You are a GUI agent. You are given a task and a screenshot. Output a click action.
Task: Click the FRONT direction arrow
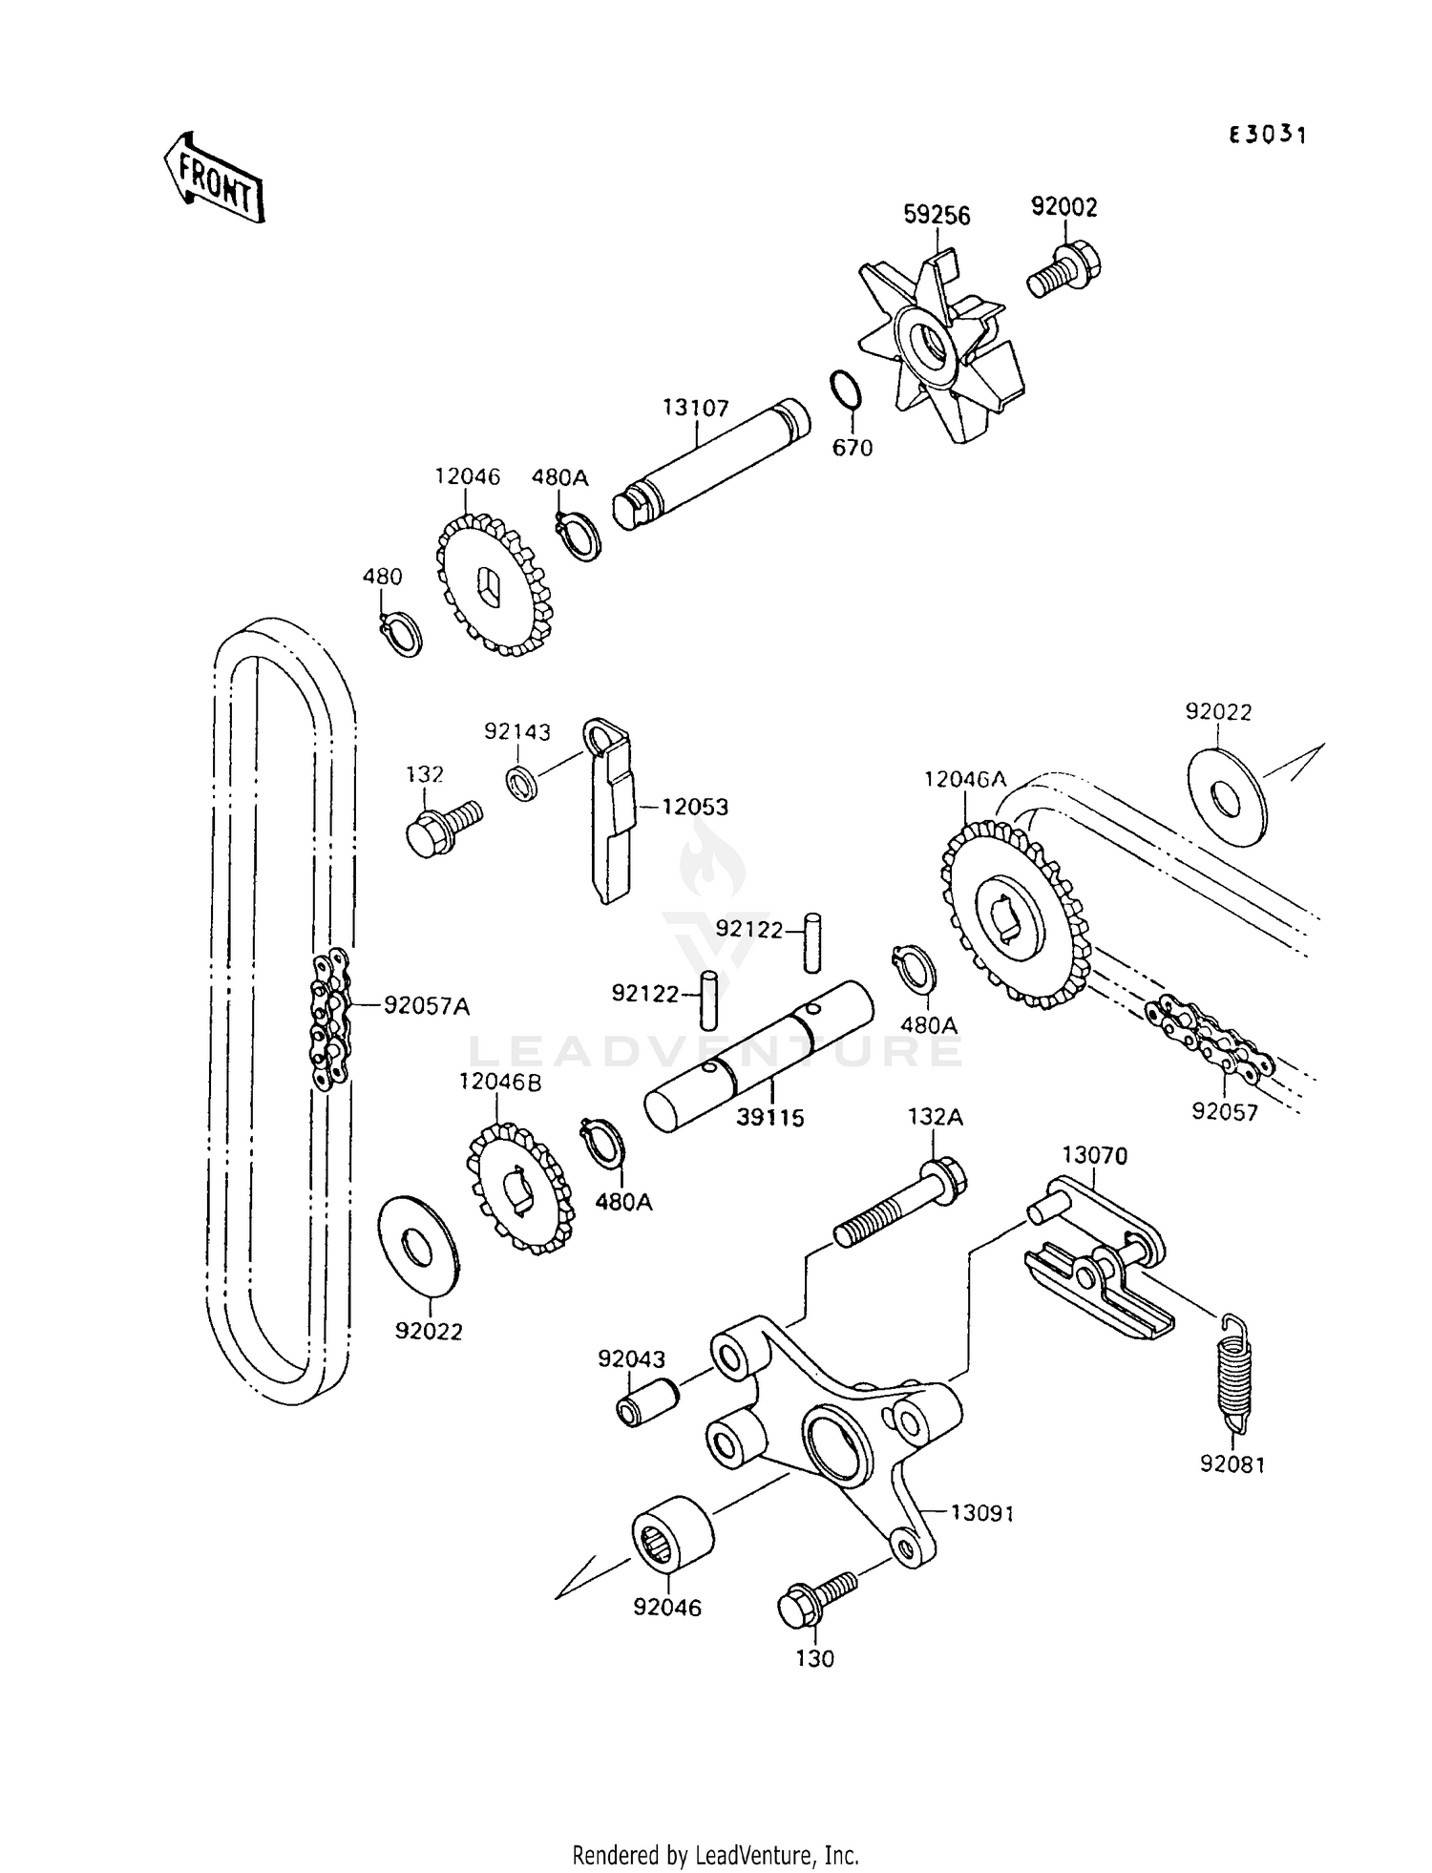[212, 178]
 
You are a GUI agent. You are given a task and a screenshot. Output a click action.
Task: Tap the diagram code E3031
[1267, 135]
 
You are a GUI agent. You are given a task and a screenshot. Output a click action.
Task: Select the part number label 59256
[937, 217]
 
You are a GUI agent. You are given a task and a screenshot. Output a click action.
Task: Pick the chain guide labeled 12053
[609, 811]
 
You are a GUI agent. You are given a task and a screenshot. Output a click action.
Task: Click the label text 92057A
[427, 1005]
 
